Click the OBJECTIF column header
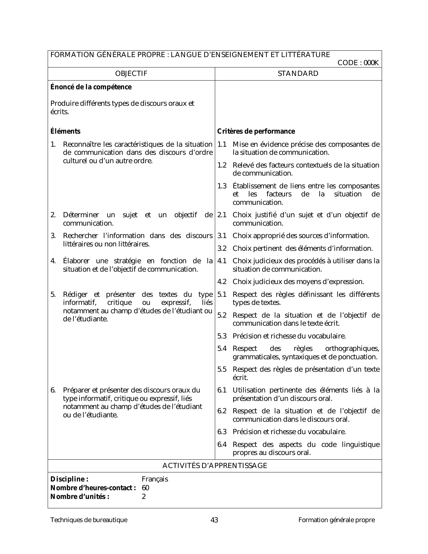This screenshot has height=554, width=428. coord(131,74)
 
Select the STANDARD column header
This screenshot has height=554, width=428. coord(298,74)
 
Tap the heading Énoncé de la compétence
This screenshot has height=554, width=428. coord(91,87)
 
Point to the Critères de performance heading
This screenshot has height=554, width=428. coord(256,131)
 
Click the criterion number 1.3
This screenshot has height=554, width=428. coord(222,186)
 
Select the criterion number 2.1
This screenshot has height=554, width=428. coord(222,215)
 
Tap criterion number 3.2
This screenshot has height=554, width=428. coord(222,248)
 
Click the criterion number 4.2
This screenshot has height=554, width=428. coord(222,282)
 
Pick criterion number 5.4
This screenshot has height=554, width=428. coord(222,349)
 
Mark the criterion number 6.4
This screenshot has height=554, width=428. coord(222,445)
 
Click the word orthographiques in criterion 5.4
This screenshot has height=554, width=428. coord(352,349)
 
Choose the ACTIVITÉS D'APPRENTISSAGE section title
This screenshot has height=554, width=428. coord(215,466)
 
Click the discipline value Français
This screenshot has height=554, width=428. coord(155,479)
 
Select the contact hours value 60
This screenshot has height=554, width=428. coord(146,488)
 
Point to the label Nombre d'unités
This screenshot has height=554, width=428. coord(80,497)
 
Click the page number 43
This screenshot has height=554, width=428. coord(214,520)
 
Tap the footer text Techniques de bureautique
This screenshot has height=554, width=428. coord(89,520)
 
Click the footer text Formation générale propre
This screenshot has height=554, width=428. coord(337,520)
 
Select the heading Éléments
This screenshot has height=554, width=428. coord(65,131)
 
